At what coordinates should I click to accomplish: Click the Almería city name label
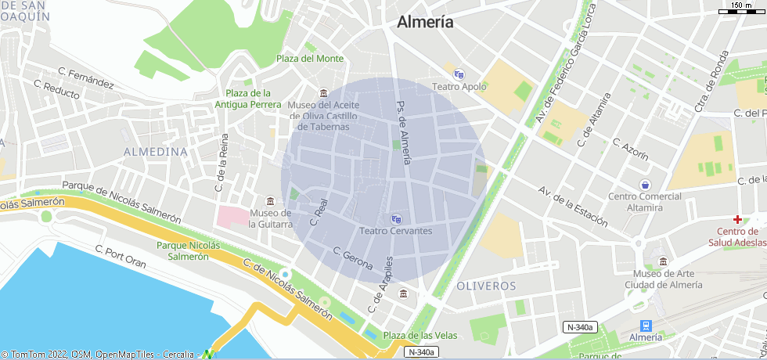425,22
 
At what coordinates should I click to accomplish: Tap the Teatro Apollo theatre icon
459,74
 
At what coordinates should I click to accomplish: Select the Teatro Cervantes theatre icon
396,218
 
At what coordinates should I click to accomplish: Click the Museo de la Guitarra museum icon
271,200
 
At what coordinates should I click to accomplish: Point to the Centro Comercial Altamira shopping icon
644,185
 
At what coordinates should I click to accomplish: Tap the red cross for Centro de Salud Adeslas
737,218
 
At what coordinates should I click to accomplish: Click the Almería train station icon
646,325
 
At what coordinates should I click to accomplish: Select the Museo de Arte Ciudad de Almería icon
664,261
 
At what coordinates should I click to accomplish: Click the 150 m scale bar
741,8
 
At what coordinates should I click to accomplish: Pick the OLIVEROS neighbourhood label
486,286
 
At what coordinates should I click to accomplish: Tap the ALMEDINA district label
156,151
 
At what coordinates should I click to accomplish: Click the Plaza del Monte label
310,59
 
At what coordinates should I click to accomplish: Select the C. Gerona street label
353,259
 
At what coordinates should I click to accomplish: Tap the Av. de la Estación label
573,207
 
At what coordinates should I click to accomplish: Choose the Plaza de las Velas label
420,335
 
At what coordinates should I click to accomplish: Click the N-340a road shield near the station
580,327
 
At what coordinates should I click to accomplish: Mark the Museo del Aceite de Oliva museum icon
324,93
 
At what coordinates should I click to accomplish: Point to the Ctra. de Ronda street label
712,81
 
